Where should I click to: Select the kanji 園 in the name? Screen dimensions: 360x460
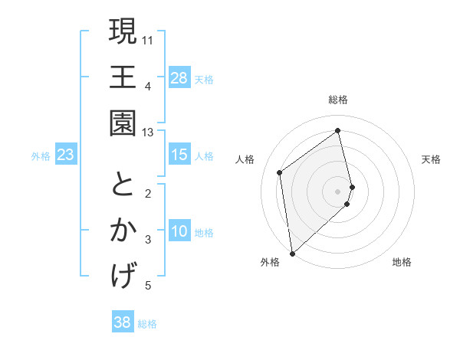pos(123,123)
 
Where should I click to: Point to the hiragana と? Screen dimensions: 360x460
pos(123,185)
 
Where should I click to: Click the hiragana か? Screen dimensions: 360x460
pos(123,231)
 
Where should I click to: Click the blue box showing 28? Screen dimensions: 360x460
pos(179,77)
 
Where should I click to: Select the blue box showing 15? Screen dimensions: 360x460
pos(179,155)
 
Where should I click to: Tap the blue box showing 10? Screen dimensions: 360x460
pos(179,231)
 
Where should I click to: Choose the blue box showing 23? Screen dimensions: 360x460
pos(66,155)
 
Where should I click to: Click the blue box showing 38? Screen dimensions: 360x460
pos(123,322)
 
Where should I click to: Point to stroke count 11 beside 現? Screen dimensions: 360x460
pos(148,38)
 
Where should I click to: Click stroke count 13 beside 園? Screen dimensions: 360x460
pos(148,132)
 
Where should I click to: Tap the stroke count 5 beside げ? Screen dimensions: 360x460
pos(148,286)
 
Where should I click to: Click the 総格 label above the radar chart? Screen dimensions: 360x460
pos(338,100)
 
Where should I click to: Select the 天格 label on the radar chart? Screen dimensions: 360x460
pos(431,159)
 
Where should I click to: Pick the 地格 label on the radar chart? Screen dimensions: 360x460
pos(402,262)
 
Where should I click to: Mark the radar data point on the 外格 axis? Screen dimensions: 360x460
pos(292,253)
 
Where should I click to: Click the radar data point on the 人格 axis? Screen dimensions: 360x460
pos(280,172)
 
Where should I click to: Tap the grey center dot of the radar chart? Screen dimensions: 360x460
pos(338,191)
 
